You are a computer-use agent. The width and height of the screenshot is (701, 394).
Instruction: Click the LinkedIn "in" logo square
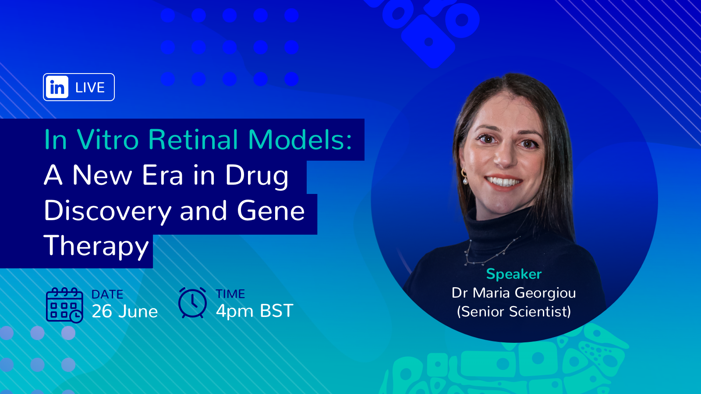pyautogui.click(x=57, y=87)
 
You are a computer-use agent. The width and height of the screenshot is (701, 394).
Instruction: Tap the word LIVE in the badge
pyautogui.click(x=90, y=88)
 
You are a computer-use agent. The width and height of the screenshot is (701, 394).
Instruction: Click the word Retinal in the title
pyautogui.click(x=193, y=140)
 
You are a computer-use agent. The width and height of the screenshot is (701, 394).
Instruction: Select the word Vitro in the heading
pyautogui.click(x=107, y=140)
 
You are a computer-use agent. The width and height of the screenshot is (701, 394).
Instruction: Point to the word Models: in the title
pyautogui.click(x=300, y=140)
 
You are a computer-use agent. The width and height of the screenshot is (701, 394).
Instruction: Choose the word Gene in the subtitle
pyautogui.click(x=271, y=211)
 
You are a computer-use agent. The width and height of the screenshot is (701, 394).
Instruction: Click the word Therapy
pyautogui.click(x=96, y=247)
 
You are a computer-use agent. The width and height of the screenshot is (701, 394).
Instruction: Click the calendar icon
pyautogui.click(x=64, y=305)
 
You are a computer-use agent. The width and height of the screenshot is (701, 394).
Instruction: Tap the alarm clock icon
pyautogui.click(x=192, y=303)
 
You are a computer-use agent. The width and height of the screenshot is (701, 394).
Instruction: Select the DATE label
pyautogui.click(x=107, y=295)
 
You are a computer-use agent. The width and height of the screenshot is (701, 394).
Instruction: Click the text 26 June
pyautogui.click(x=125, y=311)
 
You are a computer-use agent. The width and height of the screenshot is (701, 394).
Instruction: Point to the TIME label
pyautogui.click(x=230, y=294)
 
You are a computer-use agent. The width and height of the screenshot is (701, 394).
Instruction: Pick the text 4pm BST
pyautogui.click(x=255, y=311)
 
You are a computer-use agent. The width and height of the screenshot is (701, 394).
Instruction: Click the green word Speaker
pyautogui.click(x=514, y=274)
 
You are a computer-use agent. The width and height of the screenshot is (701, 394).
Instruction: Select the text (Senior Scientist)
pyautogui.click(x=514, y=312)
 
